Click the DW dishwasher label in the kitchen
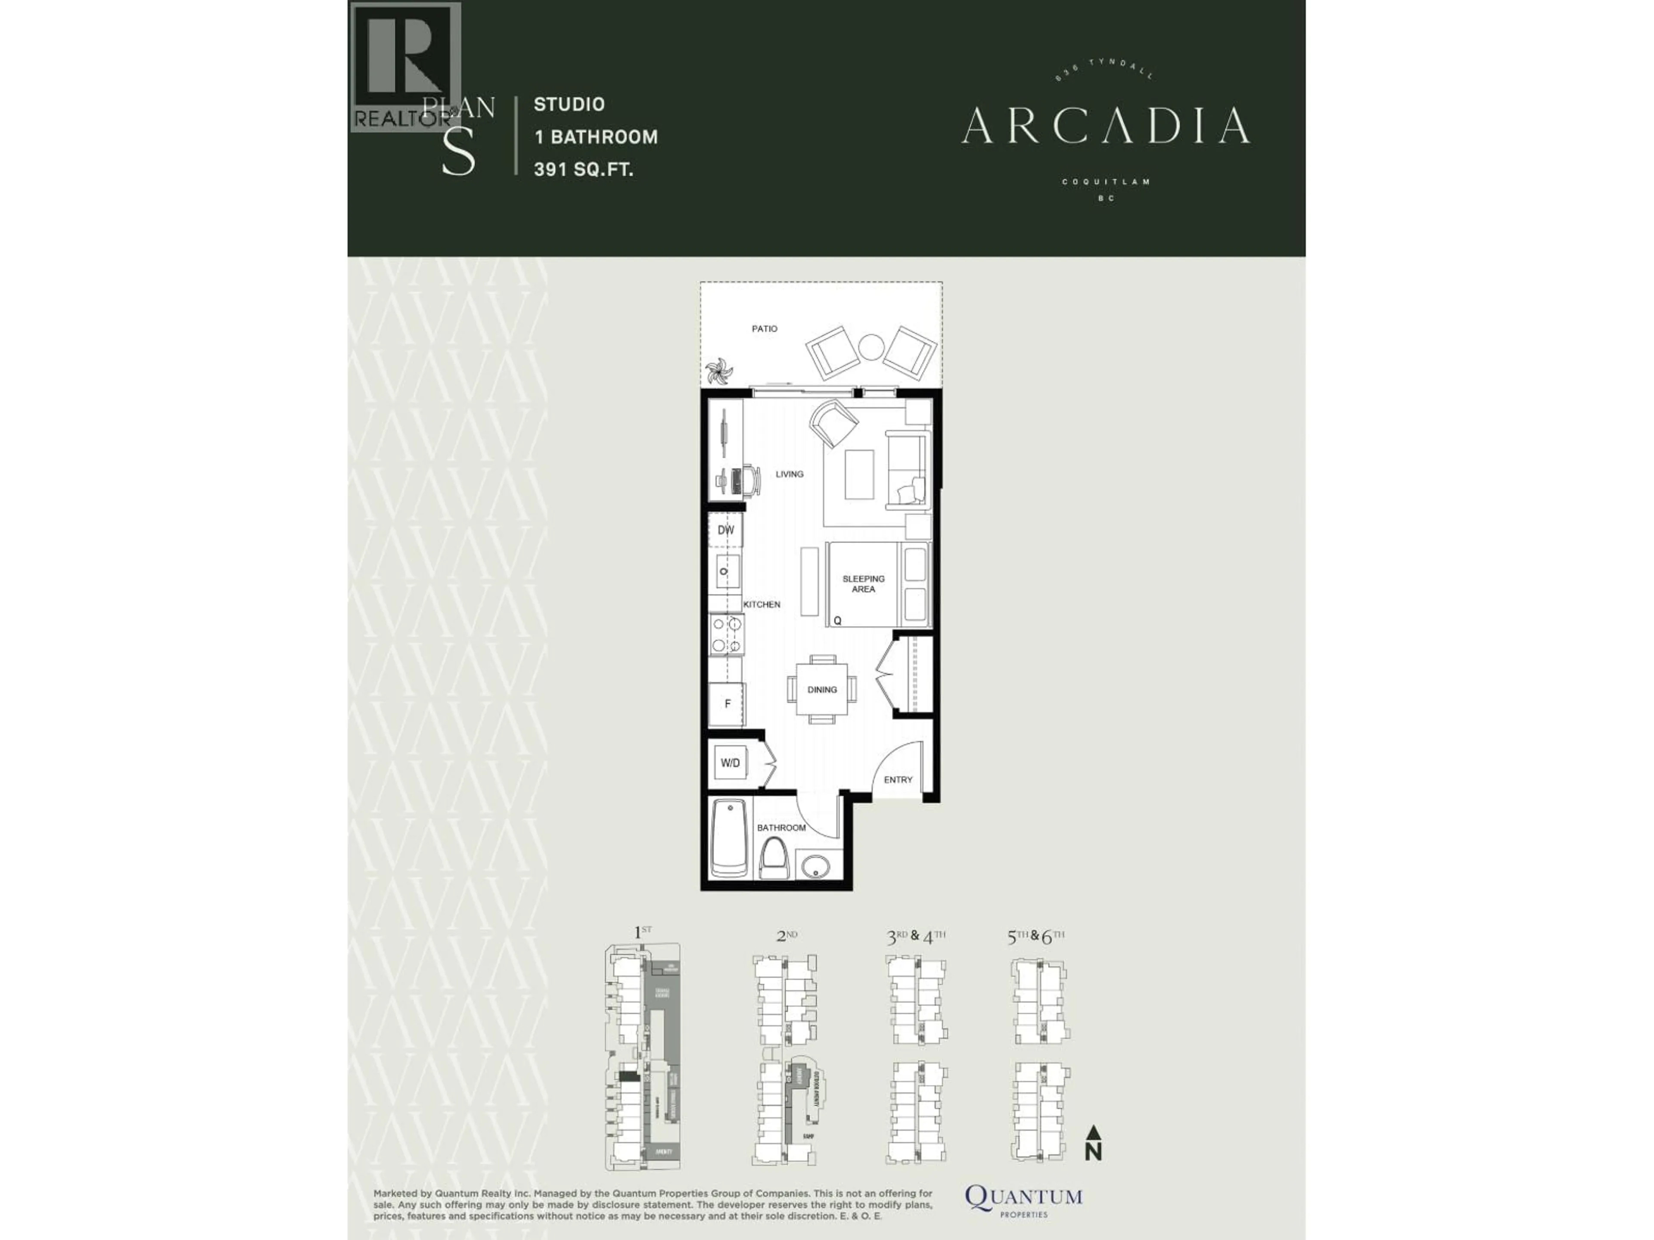(725, 530)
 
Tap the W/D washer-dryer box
(730, 763)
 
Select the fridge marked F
(727, 704)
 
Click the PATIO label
(764, 329)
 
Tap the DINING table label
(822, 689)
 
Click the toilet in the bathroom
(774, 859)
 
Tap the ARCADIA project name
(1105, 126)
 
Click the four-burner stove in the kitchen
(726, 634)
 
